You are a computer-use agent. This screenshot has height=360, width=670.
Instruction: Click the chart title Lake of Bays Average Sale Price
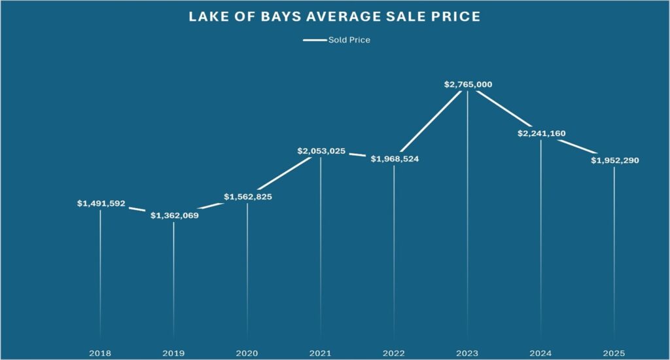tap(334, 17)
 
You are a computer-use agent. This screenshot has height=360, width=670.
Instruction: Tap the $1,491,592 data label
tap(101, 204)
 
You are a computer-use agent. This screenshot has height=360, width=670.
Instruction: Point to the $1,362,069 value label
tap(174, 215)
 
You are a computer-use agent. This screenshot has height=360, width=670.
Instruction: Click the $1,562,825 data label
tap(247, 196)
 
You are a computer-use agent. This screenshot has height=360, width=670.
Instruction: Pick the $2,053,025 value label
tap(321, 151)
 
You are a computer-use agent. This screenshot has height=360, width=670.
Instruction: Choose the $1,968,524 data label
tap(394, 159)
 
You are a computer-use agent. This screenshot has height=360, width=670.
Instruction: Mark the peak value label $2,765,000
tap(467, 84)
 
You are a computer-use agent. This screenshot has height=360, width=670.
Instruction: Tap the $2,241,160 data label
tap(541, 134)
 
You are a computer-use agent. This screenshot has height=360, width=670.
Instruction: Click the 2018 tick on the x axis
tap(100, 352)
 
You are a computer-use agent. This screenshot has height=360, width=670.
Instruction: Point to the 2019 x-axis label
tap(173, 352)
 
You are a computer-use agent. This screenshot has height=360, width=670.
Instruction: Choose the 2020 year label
tap(247, 352)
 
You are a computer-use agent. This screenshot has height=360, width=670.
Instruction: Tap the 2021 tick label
tap(321, 352)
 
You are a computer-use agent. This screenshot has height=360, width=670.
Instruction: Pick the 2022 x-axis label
tap(394, 352)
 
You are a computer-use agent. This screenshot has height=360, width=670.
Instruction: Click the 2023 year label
tap(467, 352)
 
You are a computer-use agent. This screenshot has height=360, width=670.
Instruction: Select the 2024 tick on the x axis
tap(540, 352)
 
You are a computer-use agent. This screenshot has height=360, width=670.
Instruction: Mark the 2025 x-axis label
tap(614, 352)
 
